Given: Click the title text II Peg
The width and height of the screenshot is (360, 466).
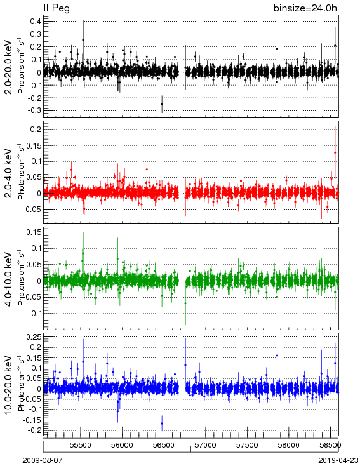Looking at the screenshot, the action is click(x=57, y=8).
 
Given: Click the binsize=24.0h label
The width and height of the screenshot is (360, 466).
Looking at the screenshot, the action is click(x=305, y=8).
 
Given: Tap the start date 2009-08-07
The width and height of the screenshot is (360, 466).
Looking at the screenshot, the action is click(x=43, y=460).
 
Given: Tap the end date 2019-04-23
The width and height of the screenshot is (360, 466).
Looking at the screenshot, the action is click(x=338, y=460).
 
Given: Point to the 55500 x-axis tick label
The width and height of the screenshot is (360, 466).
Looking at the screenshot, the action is click(x=81, y=445).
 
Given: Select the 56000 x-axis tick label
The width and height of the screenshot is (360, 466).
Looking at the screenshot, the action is click(x=122, y=445).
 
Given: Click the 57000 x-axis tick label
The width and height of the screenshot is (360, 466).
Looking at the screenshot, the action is click(x=206, y=445).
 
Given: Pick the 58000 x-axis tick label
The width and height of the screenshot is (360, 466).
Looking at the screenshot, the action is click(x=289, y=445).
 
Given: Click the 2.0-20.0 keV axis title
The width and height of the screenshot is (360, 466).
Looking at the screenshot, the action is click(x=10, y=67).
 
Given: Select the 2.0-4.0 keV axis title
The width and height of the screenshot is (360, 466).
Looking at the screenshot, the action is click(x=10, y=173).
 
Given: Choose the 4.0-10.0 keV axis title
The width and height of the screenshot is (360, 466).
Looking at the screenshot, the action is click(x=10, y=279).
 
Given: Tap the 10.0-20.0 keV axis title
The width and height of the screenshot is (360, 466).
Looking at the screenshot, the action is click(x=10, y=385).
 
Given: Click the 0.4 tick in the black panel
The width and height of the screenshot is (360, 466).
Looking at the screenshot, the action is click(x=36, y=22).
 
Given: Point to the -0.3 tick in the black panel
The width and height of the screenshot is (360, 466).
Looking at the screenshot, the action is click(x=34, y=110).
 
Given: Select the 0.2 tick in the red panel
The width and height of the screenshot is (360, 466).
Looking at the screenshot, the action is click(x=36, y=130).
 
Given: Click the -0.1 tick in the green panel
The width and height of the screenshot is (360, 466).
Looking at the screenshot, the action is click(x=34, y=314).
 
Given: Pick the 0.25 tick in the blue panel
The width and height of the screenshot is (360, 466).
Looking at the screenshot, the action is click(x=34, y=336).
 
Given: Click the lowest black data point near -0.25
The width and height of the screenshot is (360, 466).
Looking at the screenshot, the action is click(x=162, y=104).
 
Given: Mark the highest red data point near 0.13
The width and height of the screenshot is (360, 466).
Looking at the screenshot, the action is click(x=335, y=152).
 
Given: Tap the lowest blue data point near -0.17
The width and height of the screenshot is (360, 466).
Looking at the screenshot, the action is click(x=162, y=423).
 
